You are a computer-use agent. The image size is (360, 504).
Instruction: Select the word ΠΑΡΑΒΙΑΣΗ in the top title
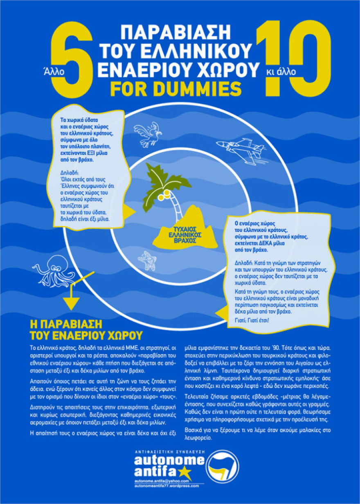176,32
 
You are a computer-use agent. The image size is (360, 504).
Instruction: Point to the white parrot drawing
148,134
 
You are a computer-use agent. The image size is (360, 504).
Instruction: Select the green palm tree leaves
166,187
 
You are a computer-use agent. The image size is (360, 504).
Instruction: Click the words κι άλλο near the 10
281,72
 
